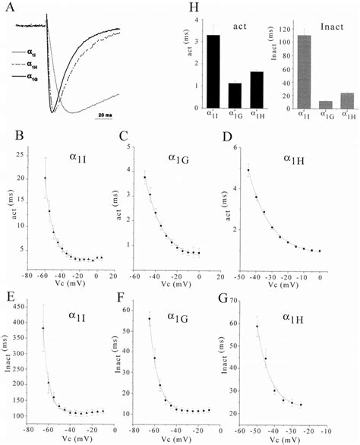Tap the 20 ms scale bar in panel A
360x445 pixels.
(106, 115)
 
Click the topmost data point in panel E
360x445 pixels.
(43, 328)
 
